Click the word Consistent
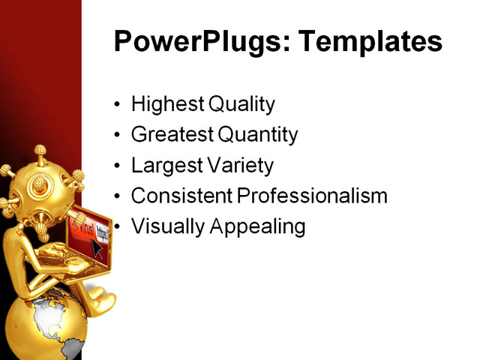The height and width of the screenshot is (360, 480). click(x=182, y=196)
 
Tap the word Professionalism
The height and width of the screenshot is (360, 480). click(x=312, y=196)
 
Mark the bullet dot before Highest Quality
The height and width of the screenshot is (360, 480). click(x=116, y=105)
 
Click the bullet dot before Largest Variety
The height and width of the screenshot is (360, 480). click(x=116, y=166)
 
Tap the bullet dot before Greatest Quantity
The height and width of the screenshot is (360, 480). click(x=116, y=136)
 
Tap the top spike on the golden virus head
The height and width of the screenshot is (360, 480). click(x=38, y=152)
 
